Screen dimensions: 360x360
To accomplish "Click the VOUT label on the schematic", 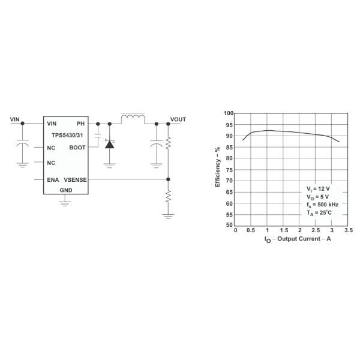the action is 178,119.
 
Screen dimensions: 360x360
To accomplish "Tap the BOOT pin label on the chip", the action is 77,148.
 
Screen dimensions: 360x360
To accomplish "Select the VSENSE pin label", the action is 76,180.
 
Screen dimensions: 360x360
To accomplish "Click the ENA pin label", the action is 53,180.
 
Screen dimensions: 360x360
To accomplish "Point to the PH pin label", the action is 80,124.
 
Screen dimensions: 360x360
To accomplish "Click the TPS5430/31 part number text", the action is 67,135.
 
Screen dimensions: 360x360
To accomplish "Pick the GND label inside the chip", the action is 66,190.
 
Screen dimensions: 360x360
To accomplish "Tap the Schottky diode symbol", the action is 110,144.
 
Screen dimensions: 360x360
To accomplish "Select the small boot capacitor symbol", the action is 98,136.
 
